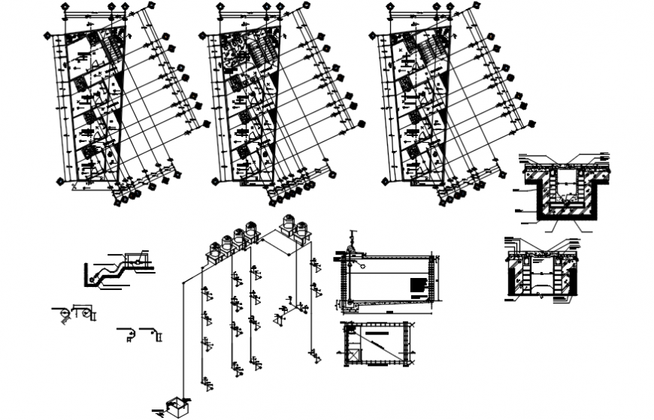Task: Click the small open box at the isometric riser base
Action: click(x=177, y=406)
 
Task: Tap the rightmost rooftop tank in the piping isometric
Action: click(x=304, y=228)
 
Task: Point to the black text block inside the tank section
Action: click(x=417, y=286)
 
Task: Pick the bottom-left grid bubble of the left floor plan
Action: click(x=62, y=180)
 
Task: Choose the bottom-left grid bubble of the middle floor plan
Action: click(x=216, y=180)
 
